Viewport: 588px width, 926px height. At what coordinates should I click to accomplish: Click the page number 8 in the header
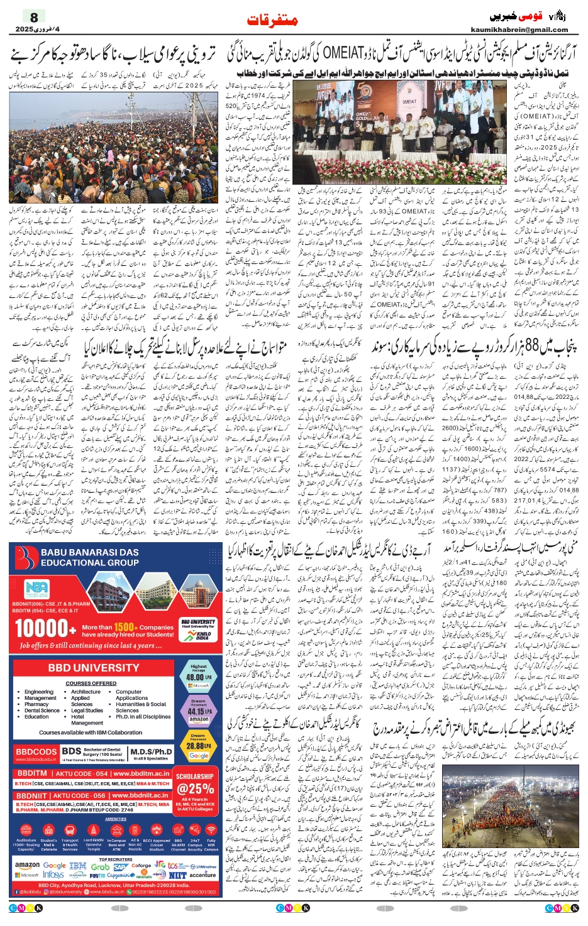(x=34, y=18)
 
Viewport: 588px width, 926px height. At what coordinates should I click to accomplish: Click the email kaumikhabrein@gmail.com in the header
(x=528, y=29)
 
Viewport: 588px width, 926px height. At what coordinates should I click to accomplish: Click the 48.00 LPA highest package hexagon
(x=197, y=676)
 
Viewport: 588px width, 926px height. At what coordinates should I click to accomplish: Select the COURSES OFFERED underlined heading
(x=91, y=683)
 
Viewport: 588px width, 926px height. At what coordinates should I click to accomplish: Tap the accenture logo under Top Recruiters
(x=202, y=874)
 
